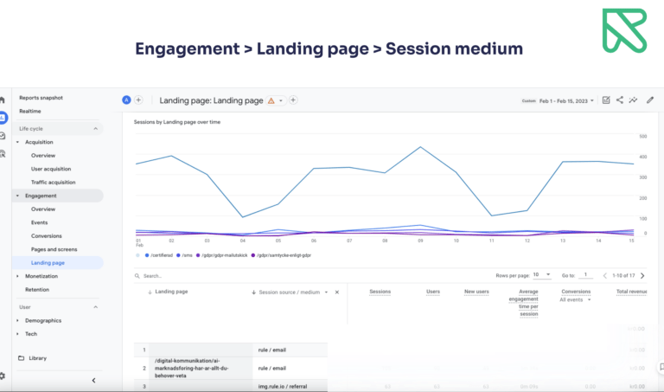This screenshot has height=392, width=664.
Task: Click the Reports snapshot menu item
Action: coord(42,98)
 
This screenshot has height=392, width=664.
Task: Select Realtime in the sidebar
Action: coord(30,112)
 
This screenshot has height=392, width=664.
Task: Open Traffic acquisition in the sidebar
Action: coord(53,183)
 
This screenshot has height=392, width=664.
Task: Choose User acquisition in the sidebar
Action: coord(51,169)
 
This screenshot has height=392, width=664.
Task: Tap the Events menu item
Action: coord(39,222)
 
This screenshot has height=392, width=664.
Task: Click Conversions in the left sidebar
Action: coord(47,235)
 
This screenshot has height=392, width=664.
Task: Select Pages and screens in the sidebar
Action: coord(54,249)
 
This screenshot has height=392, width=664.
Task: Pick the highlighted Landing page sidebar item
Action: coord(48,262)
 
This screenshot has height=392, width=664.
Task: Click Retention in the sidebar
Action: coord(37,289)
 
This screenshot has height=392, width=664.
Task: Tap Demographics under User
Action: coord(43,320)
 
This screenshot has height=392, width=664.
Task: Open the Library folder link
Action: coord(37,357)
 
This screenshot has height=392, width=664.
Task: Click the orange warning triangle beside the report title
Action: coord(271,101)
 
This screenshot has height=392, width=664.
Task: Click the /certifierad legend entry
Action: coord(160,255)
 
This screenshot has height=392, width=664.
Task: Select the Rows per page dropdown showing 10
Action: coord(542,275)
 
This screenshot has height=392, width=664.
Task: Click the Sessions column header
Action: coord(380,292)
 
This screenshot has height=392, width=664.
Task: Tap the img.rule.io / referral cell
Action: coord(279,386)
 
